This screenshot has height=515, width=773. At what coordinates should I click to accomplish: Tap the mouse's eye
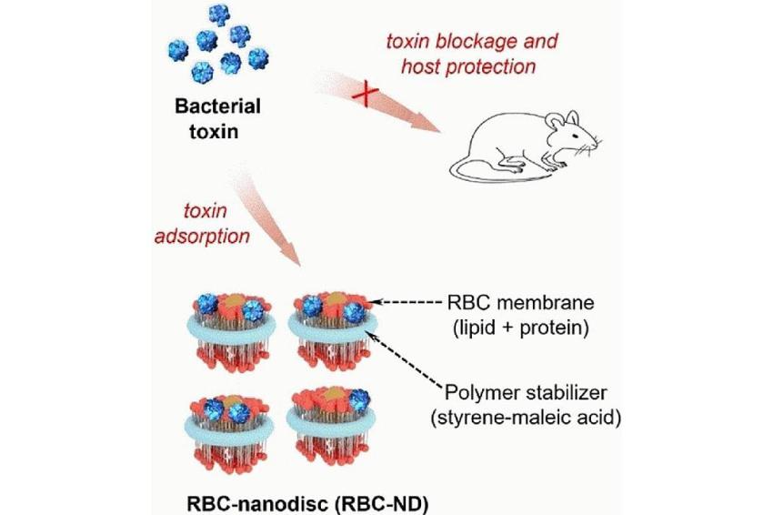(x=575, y=136)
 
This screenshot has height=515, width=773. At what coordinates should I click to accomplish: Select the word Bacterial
(x=217, y=106)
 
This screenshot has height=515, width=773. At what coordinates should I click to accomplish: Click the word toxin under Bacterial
(x=214, y=132)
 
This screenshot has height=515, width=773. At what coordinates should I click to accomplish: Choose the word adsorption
(x=203, y=237)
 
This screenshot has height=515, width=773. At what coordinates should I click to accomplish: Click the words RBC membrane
(x=520, y=302)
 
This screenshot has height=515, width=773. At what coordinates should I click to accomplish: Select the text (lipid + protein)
(x=520, y=328)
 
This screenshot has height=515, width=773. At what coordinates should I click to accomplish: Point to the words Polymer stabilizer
(x=526, y=393)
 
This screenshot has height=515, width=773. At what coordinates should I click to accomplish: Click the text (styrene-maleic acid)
(x=526, y=419)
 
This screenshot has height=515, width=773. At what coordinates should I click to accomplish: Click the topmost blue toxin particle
(x=219, y=15)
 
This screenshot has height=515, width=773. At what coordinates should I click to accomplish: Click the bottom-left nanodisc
(x=230, y=432)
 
